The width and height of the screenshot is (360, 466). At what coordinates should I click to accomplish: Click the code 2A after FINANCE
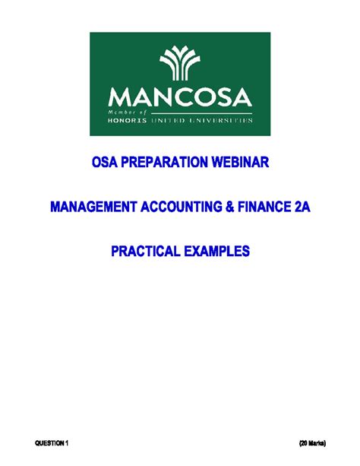coord(302,207)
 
